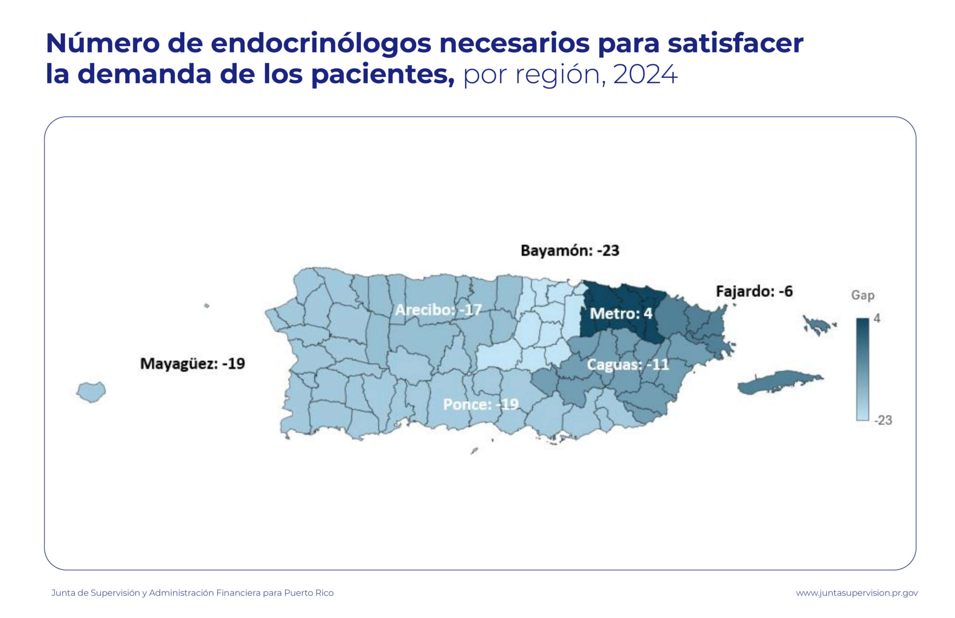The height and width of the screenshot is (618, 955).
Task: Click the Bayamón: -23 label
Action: tap(569, 250)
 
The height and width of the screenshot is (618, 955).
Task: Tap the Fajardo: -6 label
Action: tap(754, 291)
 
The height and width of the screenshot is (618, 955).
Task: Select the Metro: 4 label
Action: tap(621, 313)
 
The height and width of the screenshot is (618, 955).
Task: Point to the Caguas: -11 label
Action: tap(628, 364)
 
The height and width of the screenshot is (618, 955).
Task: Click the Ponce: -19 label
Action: tap(480, 404)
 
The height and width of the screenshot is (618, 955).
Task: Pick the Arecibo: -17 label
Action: tap(438, 310)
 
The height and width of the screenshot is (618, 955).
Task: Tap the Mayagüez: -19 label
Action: tap(192, 363)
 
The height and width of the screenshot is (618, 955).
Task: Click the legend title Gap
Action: tap(863, 295)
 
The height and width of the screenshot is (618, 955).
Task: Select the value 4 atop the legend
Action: tap(877, 318)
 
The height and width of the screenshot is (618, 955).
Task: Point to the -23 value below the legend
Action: tap(883, 420)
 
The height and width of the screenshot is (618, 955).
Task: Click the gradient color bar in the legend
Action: tap(862, 369)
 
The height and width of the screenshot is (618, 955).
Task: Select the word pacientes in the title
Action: tap(382, 74)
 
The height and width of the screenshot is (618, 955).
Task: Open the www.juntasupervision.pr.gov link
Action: tap(857, 593)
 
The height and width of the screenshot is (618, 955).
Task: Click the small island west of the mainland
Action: tap(91, 391)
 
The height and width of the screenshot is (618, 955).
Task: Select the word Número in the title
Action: tap(103, 43)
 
